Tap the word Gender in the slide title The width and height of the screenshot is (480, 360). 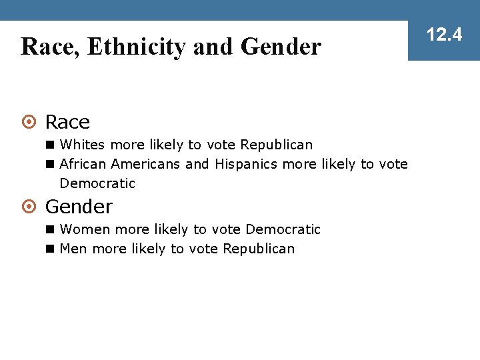pos(281,47)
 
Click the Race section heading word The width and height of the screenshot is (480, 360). pos(67,123)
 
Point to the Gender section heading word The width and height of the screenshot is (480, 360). pos(79,207)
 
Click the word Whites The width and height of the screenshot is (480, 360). pos(83,145)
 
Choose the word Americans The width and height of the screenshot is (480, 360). pos(146,163)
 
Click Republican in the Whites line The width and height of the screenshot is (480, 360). pos(276,145)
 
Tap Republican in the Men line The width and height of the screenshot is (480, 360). pos(259,249)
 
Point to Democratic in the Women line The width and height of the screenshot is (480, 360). pos(283,229)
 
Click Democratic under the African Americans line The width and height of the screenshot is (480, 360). pos(97,183)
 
